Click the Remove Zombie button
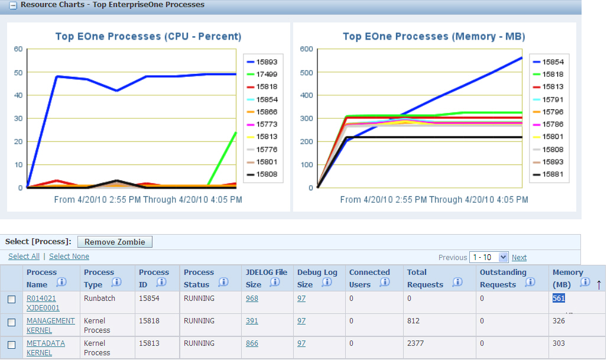[115, 242]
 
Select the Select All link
[24, 257]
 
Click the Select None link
[69, 257]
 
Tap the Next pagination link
[519, 258]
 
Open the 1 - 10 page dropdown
[488, 257]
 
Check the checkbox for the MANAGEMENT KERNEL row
[11, 323]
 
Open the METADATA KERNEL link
[46, 348]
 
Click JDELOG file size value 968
[252, 299]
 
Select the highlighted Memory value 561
[559, 299]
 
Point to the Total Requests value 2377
[416, 343]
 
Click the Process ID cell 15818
[148, 321]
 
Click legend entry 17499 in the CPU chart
[267, 74]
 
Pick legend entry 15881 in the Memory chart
[553, 174]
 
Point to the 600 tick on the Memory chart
[306, 49]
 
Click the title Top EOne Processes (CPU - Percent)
[148, 37]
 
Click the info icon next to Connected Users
[385, 283]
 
